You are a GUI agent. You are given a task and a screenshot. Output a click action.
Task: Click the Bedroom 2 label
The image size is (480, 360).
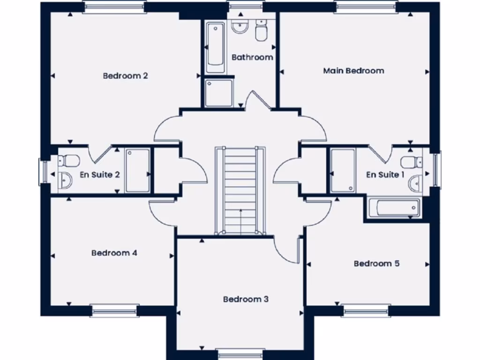pyautogui.click(x=126, y=75)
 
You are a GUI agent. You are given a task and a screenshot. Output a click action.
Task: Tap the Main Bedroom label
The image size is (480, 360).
pyautogui.click(x=353, y=71)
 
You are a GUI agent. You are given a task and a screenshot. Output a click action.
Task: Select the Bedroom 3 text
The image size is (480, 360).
pyautogui.click(x=246, y=299)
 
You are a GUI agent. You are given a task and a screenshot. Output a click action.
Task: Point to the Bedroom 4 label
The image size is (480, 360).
pyautogui.click(x=114, y=253)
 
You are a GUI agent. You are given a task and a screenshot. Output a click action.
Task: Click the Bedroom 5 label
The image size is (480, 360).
pyautogui.click(x=376, y=263)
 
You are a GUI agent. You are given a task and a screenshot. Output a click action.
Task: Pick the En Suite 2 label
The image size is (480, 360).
pyautogui.click(x=100, y=175)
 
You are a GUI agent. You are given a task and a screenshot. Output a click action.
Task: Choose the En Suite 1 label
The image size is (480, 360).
pyautogui.click(x=385, y=175)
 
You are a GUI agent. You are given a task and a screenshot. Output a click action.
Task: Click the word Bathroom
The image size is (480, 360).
pyautogui.click(x=252, y=57)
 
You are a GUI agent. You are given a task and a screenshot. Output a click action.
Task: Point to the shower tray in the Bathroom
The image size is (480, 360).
pyautogui.click(x=219, y=92)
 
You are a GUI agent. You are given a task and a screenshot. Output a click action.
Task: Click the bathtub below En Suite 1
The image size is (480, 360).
pyautogui.click(x=393, y=208)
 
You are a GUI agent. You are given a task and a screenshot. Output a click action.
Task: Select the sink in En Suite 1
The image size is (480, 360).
pyautogui.click(x=415, y=184)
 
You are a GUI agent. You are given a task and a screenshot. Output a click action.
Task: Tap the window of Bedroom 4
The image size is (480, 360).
pyautogui.click(x=114, y=310)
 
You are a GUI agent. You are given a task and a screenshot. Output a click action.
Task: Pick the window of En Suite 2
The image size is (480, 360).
pyautogui.click(x=43, y=171)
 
